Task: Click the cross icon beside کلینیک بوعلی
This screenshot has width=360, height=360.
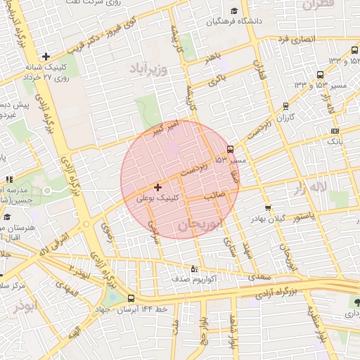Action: (157, 188)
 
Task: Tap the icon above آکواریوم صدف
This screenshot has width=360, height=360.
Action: (195, 269)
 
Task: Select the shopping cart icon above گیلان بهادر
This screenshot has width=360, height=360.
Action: (268, 208)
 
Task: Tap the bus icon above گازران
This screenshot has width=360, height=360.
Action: (285, 106)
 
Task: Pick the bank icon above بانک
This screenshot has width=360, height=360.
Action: (335, 130)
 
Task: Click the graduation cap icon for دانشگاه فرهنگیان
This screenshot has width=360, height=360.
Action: (234, 11)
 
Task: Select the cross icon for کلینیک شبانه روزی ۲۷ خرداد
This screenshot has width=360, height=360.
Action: (46, 56)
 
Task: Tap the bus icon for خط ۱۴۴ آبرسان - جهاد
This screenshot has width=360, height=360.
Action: (131, 298)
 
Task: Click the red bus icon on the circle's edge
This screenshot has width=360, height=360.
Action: (231, 149)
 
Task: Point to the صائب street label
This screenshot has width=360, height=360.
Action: (214, 197)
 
